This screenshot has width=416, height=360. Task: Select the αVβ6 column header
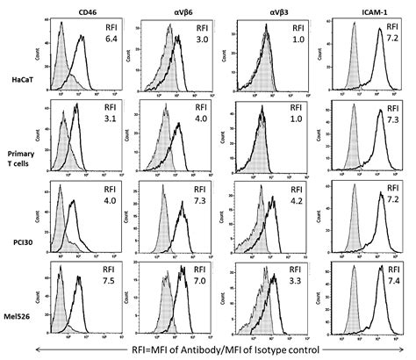point(176,11)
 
